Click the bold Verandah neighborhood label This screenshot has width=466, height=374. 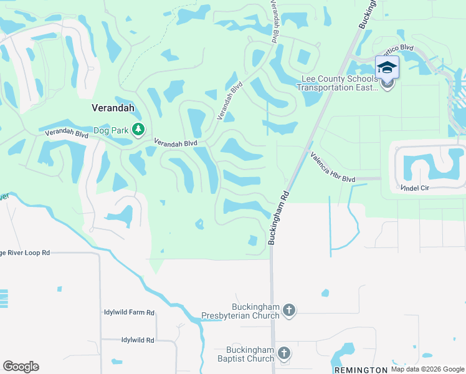coord(113,107)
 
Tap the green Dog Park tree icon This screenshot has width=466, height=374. coord(138,130)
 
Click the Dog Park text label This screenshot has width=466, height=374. coord(110,130)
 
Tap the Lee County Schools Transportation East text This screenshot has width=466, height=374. coord(338,83)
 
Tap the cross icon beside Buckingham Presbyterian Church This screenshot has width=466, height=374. coord(288,310)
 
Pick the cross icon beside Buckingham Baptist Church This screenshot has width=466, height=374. coord(283,353)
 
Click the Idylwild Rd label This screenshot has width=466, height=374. coord(129,340)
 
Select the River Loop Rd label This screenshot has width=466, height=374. coord(25,253)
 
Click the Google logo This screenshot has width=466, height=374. coord(21,366)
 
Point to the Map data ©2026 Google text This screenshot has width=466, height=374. coord(427,369)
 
